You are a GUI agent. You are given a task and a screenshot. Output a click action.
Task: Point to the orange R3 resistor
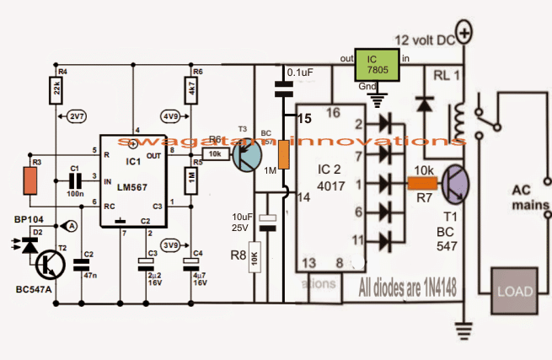[30, 180]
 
